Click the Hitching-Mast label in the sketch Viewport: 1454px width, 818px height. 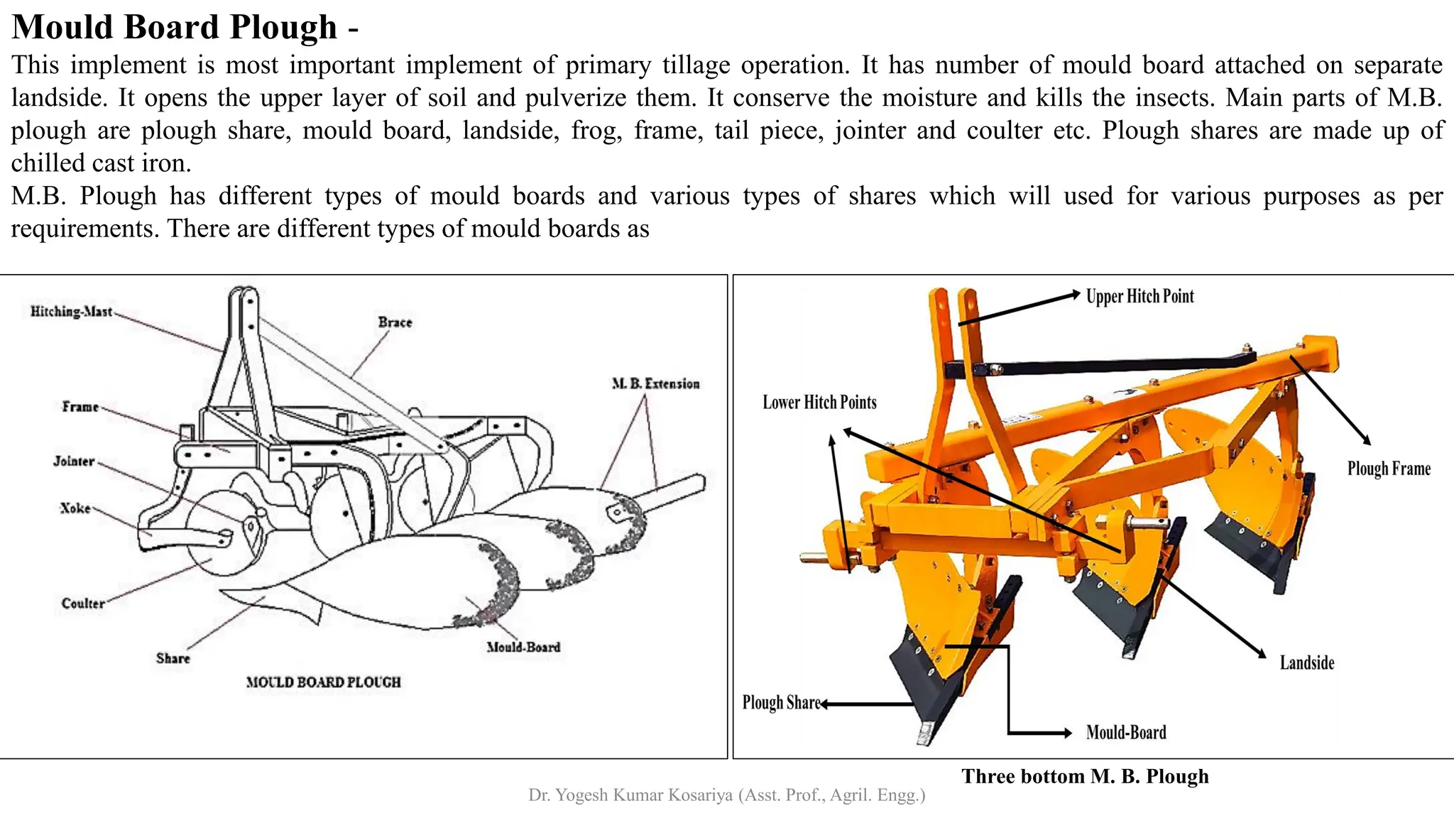71,312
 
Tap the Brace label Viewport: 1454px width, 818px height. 395,322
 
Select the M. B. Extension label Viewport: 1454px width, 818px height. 655,383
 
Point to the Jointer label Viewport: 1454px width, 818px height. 74,462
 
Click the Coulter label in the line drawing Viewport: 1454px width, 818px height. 82,604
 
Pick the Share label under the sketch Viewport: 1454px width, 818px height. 173,658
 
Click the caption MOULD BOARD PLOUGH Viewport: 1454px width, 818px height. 323,682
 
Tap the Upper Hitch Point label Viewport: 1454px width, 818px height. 1139,296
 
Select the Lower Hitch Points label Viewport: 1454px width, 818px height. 819,403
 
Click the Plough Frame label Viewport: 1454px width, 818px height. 1389,469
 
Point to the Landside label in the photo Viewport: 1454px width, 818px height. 1306,663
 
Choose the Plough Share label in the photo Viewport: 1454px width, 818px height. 781,703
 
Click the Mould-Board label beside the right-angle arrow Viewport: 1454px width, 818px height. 1126,733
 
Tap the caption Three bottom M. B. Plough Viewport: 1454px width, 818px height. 1085,776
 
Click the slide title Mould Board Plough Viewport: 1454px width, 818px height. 175,27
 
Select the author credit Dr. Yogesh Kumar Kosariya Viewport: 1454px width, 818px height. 726,795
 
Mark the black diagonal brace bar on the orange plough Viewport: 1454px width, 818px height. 1108,366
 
